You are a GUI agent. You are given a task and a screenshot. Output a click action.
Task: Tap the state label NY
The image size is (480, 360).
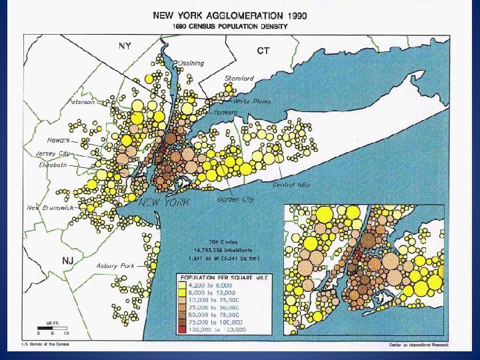coord(125,46)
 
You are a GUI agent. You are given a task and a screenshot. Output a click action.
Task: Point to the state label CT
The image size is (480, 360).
coord(263,51)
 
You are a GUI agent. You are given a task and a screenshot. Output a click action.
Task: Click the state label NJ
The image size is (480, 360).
coord(67,260)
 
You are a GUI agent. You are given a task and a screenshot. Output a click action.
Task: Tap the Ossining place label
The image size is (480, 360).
coord(191,63)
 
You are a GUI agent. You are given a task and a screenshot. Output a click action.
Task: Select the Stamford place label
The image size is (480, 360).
coord(239,79)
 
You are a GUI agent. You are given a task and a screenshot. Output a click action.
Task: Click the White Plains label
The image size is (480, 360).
coord(252,101)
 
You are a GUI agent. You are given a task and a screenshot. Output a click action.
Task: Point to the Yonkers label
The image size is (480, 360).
coord(225,113)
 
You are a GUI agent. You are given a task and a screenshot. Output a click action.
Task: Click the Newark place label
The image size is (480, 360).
coord(59,141)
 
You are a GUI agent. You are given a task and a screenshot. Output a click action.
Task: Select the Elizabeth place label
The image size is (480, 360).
coord(53,164)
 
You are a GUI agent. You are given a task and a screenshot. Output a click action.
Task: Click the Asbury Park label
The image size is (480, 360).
coord(115,265)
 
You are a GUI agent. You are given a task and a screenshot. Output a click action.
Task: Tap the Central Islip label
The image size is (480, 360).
coord(291,184)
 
